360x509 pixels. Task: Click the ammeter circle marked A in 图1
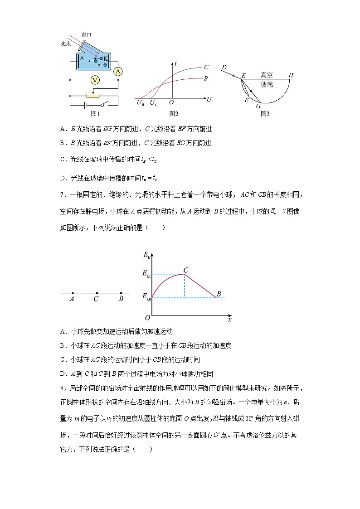tap(118, 71)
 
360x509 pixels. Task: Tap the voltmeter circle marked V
tap(95, 80)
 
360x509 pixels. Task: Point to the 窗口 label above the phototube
tap(86, 34)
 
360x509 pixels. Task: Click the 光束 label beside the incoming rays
tap(66, 44)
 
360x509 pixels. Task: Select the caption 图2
tap(174, 114)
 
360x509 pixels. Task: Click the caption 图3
tap(265, 114)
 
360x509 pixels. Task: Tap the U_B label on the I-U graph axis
tap(141, 103)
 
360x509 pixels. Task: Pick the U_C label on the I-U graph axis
tap(154, 103)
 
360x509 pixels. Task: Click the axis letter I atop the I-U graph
tap(175, 65)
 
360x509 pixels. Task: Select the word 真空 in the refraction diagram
tap(267, 75)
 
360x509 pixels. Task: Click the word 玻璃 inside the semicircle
tap(267, 85)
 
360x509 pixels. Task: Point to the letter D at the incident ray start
tap(224, 68)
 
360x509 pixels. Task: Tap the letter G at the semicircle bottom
tap(258, 106)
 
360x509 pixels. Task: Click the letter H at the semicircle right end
tap(291, 75)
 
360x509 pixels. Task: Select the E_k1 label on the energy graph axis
tap(146, 275)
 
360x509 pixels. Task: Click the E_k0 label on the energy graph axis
tap(146, 297)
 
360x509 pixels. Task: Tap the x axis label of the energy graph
tap(229, 320)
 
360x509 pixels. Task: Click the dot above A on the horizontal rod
tap(73, 293)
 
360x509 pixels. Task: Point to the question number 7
tap(62, 195)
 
